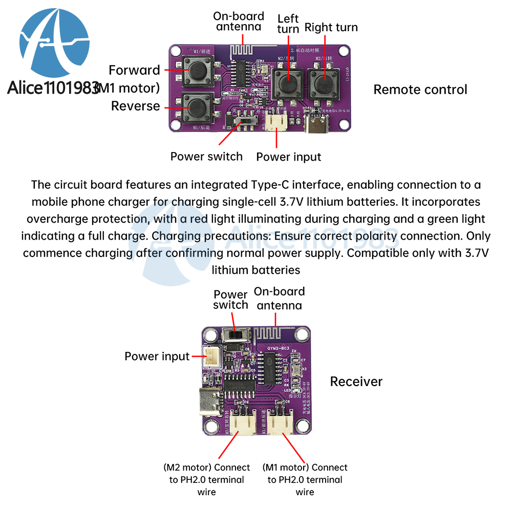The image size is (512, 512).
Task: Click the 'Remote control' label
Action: [x=420, y=90]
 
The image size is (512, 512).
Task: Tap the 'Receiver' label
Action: [x=356, y=381]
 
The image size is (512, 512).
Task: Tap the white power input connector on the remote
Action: [x=277, y=122]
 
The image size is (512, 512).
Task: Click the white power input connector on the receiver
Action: [x=210, y=356]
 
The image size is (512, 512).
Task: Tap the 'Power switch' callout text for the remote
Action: [x=206, y=157]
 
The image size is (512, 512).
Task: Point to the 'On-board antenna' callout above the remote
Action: [x=239, y=22]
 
